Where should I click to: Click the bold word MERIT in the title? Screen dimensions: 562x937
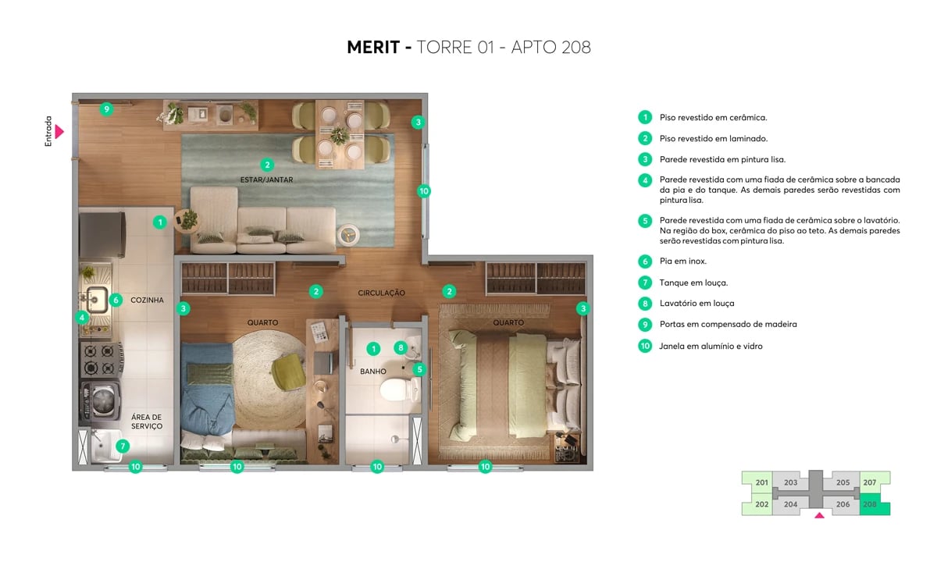coord(373,47)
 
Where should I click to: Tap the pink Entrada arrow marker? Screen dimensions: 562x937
coord(59,131)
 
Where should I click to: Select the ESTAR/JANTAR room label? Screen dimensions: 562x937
coord(267,180)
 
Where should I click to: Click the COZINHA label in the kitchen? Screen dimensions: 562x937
coord(147,300)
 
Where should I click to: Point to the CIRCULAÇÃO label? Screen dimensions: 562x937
coord(381,293)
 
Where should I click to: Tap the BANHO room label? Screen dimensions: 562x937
coord(373,372)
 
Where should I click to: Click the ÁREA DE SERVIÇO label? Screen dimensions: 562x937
coord(146,421)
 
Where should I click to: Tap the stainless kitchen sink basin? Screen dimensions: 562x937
coord(97,297)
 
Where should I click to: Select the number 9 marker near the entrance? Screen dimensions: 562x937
coord(106,109)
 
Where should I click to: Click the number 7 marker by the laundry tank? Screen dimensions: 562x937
coord(123,446)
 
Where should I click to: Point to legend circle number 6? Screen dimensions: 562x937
coord(644,261)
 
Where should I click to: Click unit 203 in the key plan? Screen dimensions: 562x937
coord(790,483)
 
